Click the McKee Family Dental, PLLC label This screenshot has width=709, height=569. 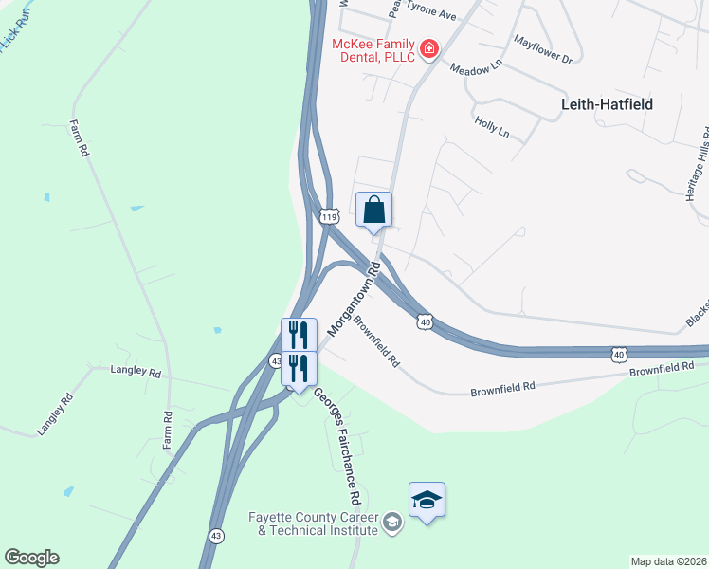(373, 50)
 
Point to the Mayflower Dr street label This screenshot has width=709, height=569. (543, 49)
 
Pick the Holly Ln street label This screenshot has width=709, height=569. (492, 128)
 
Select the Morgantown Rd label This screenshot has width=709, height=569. (354, 298)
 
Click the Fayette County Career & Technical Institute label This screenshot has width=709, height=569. (313, 523)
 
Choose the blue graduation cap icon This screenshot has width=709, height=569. (427, 500)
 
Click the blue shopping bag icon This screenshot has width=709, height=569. (373, 210)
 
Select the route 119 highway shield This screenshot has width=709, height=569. (329, 217)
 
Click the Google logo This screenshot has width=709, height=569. (31, 558)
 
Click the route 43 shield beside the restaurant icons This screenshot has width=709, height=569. (276, 360)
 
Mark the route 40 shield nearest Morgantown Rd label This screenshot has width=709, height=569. (425, 323)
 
